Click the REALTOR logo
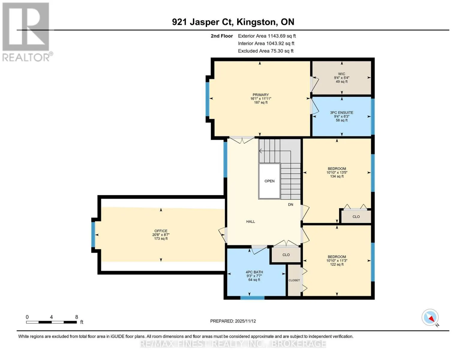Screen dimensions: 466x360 click(27, 32)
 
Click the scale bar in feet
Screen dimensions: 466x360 click(52, 322)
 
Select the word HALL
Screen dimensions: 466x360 click(251, 221)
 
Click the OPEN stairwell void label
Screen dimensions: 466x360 click(269, 181)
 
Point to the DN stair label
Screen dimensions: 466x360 click(290, 205)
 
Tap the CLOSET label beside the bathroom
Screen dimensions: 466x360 click(294, 280)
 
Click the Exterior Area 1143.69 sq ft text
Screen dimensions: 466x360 click(267, 36)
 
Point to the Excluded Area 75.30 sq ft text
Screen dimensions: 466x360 click(266, 51)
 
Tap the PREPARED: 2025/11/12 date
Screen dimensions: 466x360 click(233, 321)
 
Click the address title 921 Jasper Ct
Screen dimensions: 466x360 click(203, 22)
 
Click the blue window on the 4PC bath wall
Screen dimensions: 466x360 click(252, 298)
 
